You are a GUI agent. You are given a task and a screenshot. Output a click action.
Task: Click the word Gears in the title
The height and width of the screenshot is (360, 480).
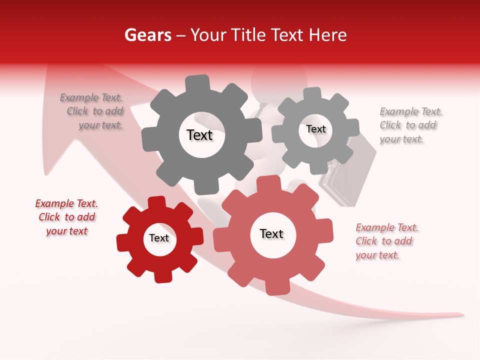click(148, 35)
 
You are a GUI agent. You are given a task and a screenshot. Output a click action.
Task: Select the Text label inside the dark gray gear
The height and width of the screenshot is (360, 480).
click(199, 135)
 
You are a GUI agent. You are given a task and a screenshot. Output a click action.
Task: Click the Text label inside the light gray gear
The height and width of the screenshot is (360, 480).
click(315, 129)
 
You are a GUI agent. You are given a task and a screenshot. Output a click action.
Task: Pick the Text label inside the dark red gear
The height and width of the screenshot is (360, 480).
click(159, 238)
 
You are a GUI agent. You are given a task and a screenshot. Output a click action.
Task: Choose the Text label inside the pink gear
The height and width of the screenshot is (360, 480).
click(271, 234)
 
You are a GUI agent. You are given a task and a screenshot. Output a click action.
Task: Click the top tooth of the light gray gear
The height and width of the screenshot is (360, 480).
click(312, 94)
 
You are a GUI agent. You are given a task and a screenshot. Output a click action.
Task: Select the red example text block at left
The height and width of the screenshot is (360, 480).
click(66, 217)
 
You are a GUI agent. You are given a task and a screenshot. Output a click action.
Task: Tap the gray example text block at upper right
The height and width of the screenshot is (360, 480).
click(410, 125)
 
